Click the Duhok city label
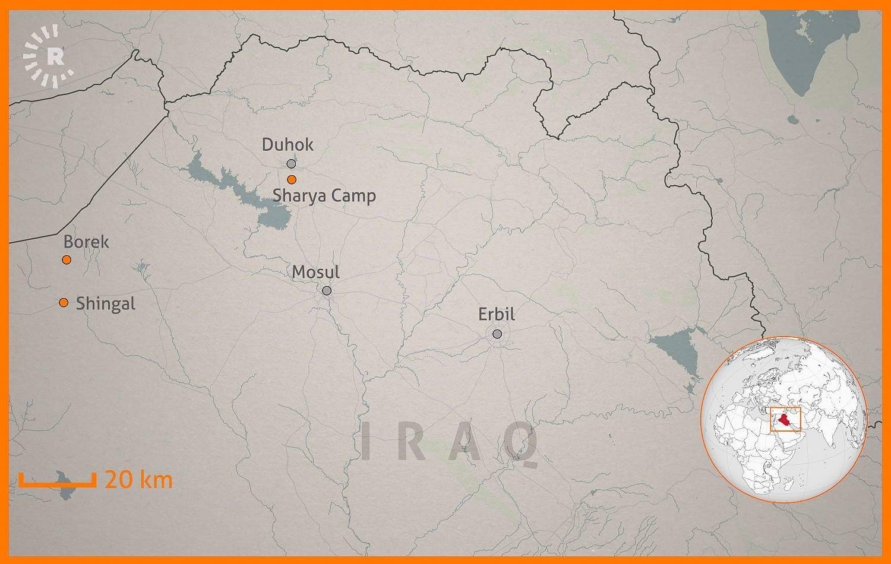pyautogui.click(x=287, y=144)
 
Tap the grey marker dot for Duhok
pyautogui.click(x=291, y=163)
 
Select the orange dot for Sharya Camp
pyautogui.click(x=291, y=179)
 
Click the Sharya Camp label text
pyautogui.click(x=324, y=195)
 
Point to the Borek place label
pyautogui.click(x=86, y=242)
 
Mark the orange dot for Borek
pyautogui.click(x=67, y=259)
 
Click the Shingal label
pyautogui.click(x=106, y=303)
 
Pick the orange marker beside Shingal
pyautogui.click(x=64, y=303)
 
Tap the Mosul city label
pyautogui.click(x=315, y=272)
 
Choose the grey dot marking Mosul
pyautogui.click(x=327, y=290)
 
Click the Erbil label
pyautogui.click(x=497, y=314)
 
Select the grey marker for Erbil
pyautogui.click(x=497, y=334)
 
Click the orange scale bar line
pyautogui.click(x=57, y=484)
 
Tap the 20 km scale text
pyautogui.click(x=138, y=479)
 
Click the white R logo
pyautogui.click(x=53, y=56)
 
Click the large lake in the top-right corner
pyautogui.click(x=808, y=47)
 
